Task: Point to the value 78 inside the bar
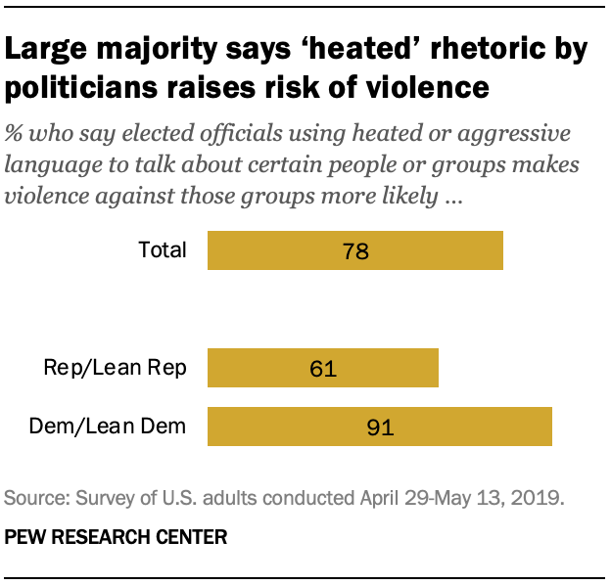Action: (x=354, y=250)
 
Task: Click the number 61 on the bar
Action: (x=321, y=369)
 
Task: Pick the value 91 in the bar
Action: (x=380, y=427)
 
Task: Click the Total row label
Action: (x=163, y=249)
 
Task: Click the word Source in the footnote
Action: (x=32, y=498)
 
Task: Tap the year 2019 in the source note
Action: (x=540, y=498)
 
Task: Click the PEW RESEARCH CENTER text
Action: (x=117, y=536)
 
